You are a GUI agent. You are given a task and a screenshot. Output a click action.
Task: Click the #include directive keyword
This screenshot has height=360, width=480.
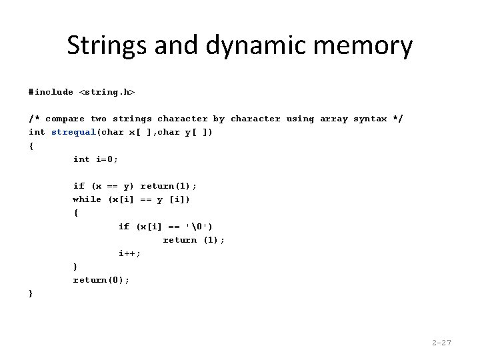pyautogui.click(x=51, y=92)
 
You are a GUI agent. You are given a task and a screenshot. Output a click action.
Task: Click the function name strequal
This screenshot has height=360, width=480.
pyautogui.click(x=73, y=132)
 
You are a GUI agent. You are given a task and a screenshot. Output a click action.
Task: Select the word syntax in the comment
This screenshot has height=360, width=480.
pyautogui.click(x=370, y=119)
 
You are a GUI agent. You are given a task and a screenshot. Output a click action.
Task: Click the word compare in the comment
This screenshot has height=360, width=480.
pyautogui.click(x=65, y=119)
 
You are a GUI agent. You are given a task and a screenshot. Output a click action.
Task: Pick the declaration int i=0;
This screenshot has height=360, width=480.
pyautogui.click(x=95, y=159)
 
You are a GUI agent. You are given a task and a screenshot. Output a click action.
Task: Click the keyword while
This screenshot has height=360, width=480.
pyautogui.click(x=87, y=199)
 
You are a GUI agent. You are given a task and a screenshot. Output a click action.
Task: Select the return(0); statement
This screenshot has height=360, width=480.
pyautogui.click(x=101, y=280)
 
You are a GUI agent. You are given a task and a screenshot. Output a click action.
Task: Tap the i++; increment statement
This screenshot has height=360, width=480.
pyautogui.click(x=129, y=253)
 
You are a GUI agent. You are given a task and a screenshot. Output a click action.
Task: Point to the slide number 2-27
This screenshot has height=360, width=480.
pyautogui.click(x=441, y=343)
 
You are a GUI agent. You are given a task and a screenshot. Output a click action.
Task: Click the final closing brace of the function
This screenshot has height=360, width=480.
pyautogui.click(x=31, y=293)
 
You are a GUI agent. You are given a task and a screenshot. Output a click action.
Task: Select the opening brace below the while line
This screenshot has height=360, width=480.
pyautogui.click(x=75, y=213)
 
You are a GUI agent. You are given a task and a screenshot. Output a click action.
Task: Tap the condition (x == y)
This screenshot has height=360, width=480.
pyautogui.click(x=113, y=186)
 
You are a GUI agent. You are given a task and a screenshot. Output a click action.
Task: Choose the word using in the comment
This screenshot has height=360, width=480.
pyautogui.click(x=300, y=119)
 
